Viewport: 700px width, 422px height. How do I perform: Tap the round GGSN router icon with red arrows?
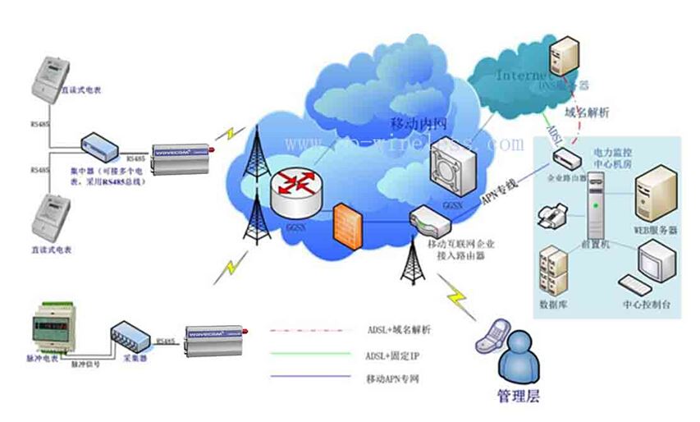tap(295, 190)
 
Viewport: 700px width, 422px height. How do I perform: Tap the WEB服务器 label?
tap(657, 231)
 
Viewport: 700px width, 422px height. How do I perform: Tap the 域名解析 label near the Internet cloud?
tap(586, 112)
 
